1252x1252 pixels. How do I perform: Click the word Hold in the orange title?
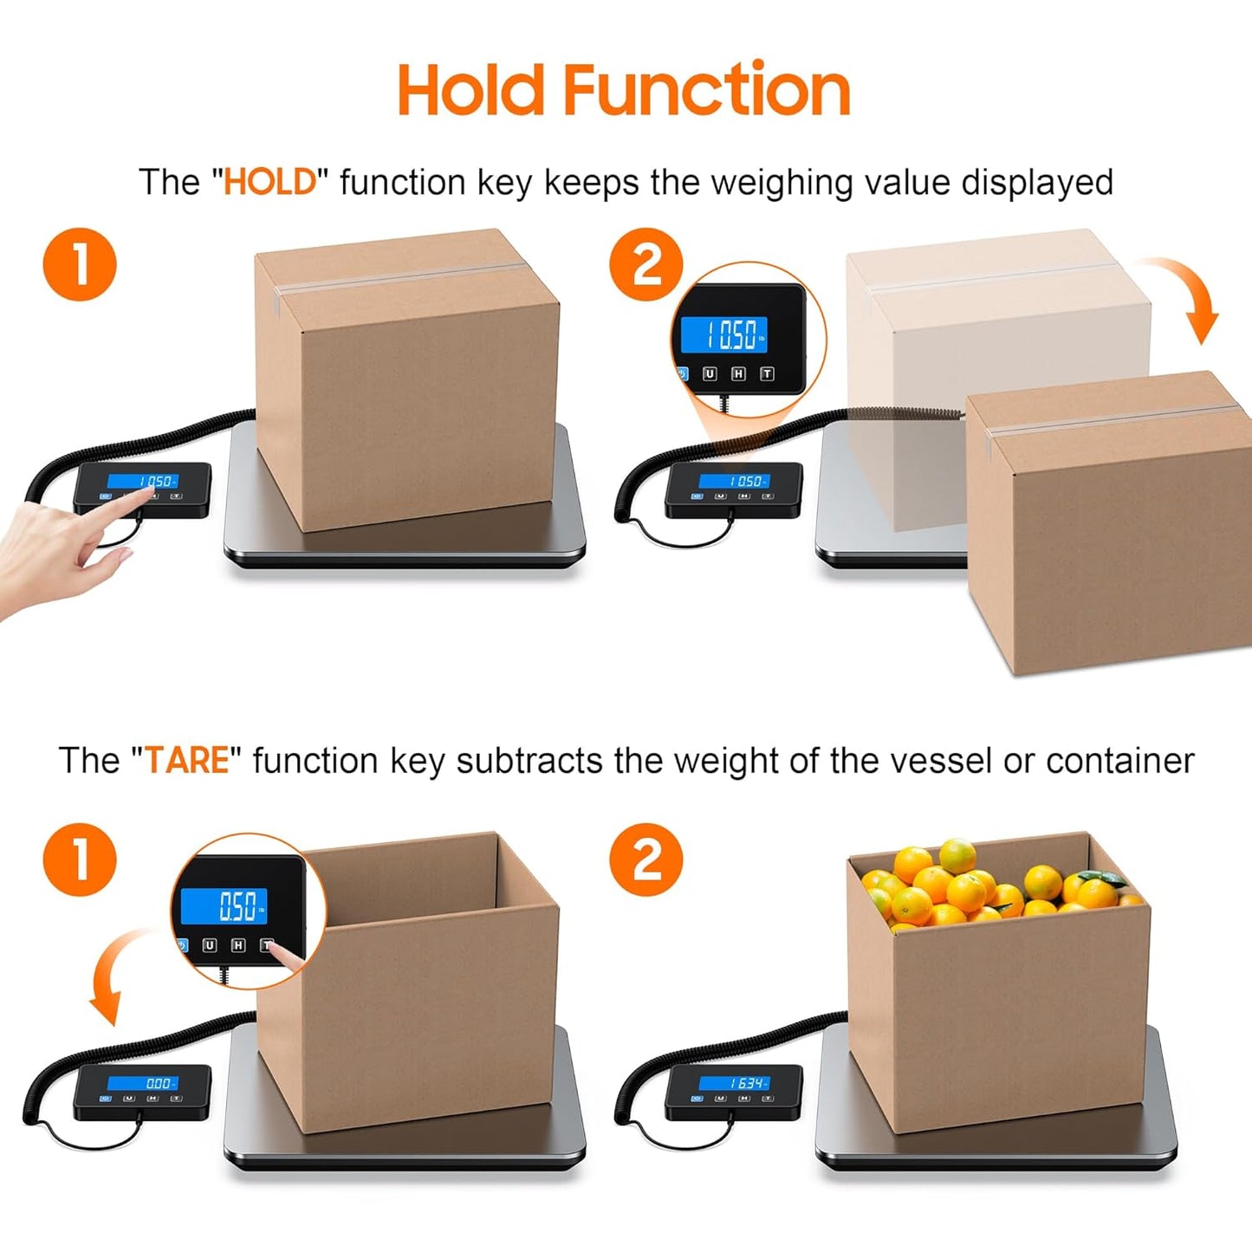click(471, 90)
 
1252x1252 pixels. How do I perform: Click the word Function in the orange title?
click(706, 90)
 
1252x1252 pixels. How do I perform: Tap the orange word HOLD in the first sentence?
click(269, 183)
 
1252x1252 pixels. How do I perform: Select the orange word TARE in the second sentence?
click(187, 761)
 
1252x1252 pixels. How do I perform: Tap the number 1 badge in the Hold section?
click(80, 265)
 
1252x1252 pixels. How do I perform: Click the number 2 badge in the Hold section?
click(646, 265)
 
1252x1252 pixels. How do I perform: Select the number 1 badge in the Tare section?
click(80, 860)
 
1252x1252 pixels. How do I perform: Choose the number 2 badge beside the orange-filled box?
click(646, 860)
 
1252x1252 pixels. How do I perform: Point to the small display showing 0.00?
click(143, 1083)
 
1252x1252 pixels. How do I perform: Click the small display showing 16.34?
click(734, 1083)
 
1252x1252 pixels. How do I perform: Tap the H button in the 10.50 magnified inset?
click(738, 374)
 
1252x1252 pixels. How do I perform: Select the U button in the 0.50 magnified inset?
click(210, 945)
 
